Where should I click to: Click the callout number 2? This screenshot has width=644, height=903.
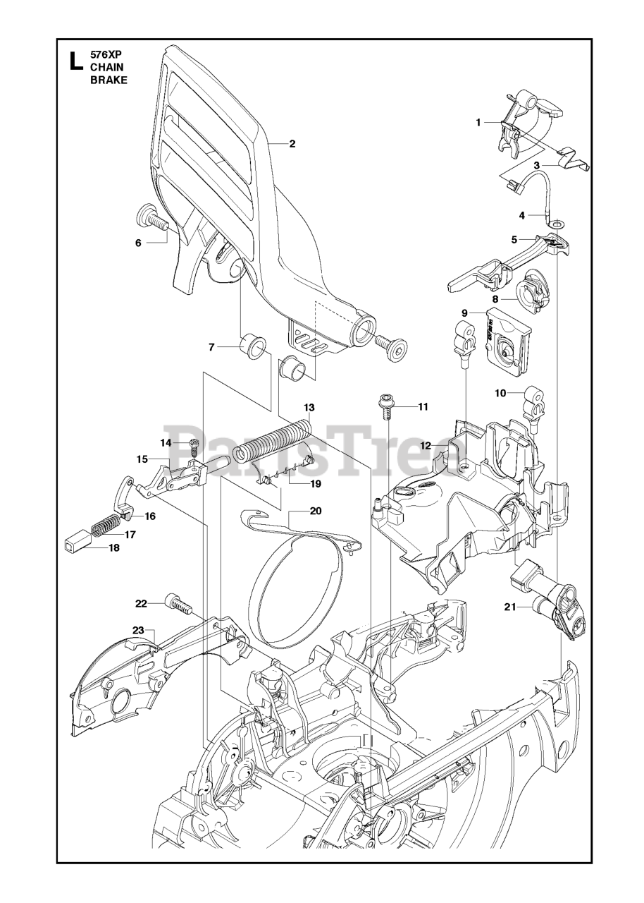[x=292, y=144]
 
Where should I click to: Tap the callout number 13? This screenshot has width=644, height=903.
[x=309, y=408]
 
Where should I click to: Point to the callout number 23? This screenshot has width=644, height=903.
[x=138, y=630]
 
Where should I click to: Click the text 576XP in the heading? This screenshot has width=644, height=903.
[x=106, y=53]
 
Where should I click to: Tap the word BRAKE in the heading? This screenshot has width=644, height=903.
[x=109, y=80]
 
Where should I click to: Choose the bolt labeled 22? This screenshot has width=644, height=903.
[x=178, y=605]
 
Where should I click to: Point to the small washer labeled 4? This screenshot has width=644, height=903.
[x=556, y=224]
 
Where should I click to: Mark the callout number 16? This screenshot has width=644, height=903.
[x=150, y=516]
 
